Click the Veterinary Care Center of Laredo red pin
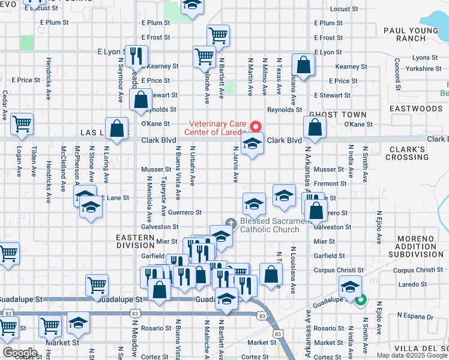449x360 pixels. [255, 126]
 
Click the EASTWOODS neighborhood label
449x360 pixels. [424, 109]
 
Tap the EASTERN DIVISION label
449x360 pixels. [136, 241]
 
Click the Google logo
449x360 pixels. [20, 353]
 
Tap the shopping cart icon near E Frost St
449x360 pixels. [218, 35]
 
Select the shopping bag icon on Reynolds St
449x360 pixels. [140, 100]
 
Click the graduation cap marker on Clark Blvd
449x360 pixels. [253, 143]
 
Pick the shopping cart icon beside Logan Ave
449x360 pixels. [22, 124]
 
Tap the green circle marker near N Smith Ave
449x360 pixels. [361, 301]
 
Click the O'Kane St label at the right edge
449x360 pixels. [358, 124]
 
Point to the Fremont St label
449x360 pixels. [330, 184]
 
